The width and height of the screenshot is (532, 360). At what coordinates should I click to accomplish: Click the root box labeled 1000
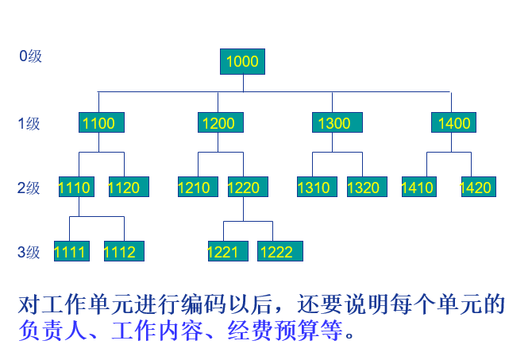pos(242,61)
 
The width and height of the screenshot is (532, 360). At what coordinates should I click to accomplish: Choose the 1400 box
pos(453,122)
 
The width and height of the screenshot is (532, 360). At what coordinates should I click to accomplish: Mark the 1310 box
pos(315,188)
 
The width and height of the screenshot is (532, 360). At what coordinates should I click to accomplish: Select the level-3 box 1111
pos(71,252)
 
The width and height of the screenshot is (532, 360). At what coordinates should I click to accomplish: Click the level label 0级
pos(30,56)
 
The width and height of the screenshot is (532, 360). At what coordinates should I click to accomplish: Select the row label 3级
pos(29,253)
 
